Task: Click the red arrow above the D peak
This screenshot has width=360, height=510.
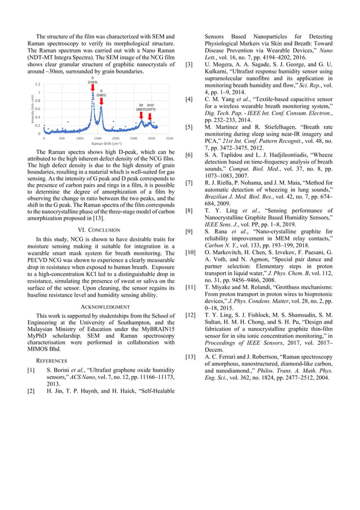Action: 93,88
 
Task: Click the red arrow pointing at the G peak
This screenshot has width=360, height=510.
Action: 101,101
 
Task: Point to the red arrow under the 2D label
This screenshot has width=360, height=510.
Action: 141,115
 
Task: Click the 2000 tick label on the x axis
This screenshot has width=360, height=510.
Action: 115,138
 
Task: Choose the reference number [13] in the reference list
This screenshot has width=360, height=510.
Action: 191,357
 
